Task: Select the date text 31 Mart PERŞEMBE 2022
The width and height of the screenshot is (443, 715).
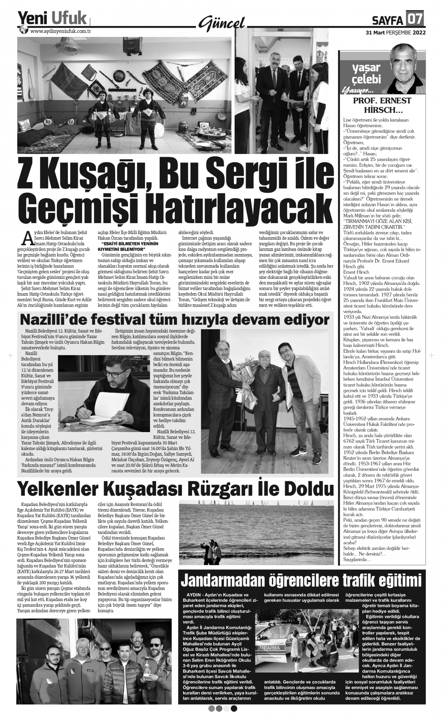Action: point(396,32)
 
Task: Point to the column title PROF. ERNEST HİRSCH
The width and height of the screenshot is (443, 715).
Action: point(382,106)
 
